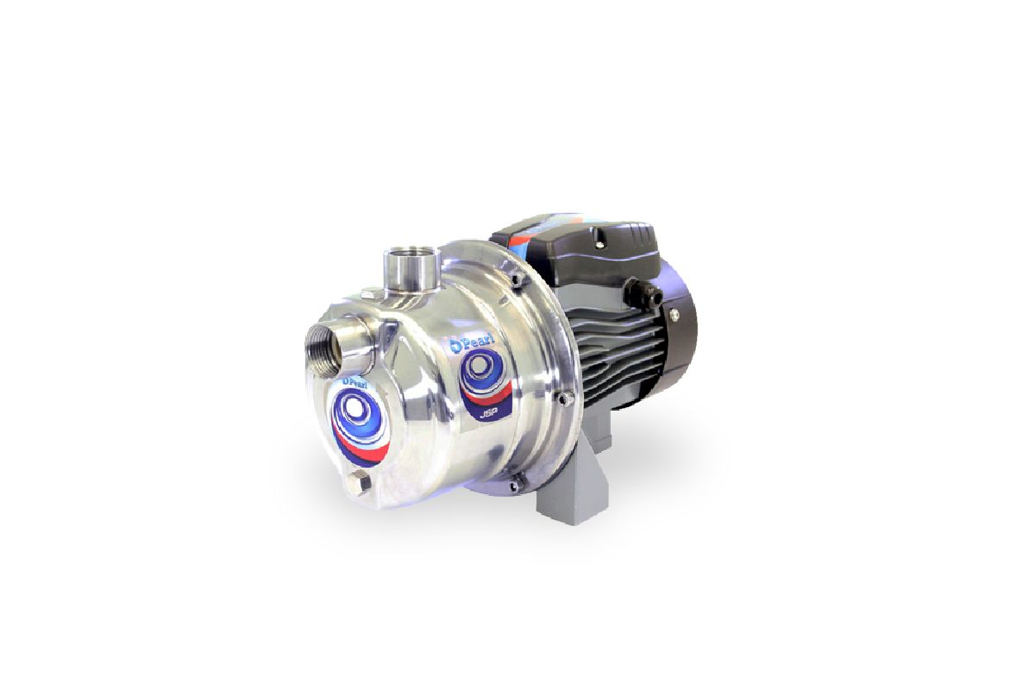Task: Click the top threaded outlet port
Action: [x=409, y=259]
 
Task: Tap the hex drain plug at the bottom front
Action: [x=361, y=482]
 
